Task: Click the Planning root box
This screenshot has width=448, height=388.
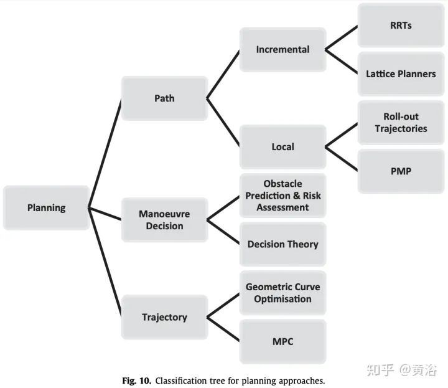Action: [46, 208]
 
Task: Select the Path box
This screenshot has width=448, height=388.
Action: [164, 98]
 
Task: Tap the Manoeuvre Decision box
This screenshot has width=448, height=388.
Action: [164, 220]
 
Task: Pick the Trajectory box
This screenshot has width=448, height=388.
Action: [164, 317]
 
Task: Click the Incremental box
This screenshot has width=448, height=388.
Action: [282, 49]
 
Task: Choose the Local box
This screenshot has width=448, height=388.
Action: [282, 147]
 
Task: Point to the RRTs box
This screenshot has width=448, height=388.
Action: [401, 26]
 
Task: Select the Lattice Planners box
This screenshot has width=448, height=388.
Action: [401, 73]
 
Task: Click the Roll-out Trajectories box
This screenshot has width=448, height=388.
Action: [401, 123]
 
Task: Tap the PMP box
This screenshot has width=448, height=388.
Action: [401, 171]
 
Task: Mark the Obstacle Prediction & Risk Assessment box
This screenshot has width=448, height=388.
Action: [282, 196]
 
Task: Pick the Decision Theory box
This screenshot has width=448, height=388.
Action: [282, 244]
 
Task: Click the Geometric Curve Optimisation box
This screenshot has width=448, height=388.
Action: [282, 293]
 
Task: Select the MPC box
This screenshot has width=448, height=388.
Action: [282, 341]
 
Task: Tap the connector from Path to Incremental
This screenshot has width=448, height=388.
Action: [223, 73]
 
